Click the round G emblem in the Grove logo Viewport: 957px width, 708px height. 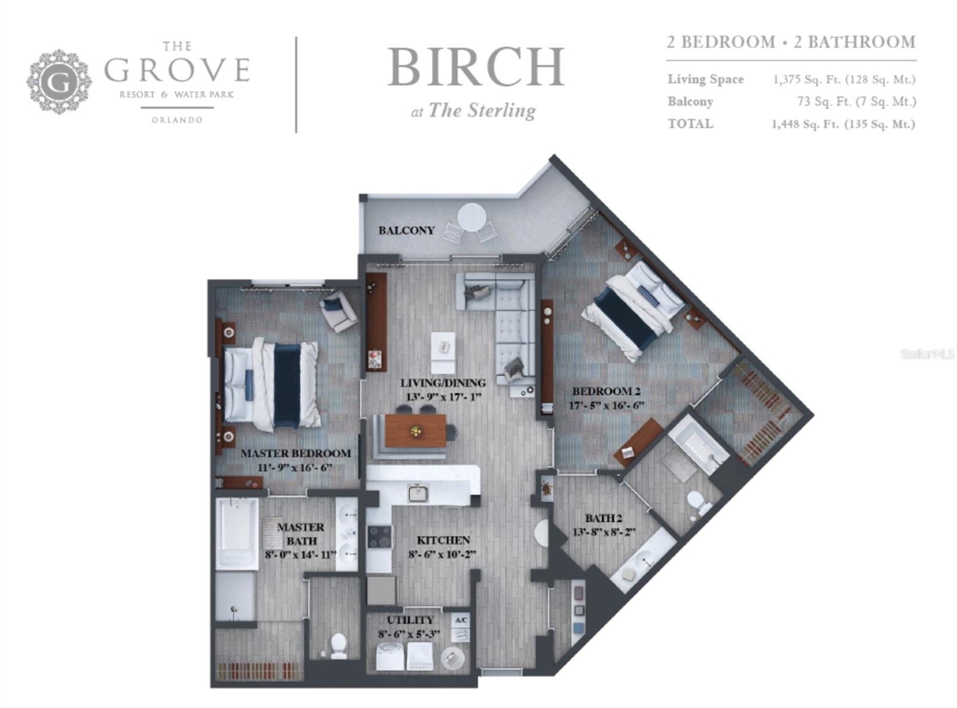[59, 82]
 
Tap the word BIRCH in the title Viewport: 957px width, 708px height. [476, 68]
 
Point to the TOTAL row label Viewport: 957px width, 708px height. [690, 124]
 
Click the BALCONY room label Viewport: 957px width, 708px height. [406, 230]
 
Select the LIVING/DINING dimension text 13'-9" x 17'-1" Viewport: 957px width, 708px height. [443, 397]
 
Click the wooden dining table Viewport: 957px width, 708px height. [415, 431]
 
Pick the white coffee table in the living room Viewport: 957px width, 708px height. [443, 353]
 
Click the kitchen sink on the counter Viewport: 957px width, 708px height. [418, 493]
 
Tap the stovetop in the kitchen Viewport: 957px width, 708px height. [380, 537]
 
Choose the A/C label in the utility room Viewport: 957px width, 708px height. [461, 621]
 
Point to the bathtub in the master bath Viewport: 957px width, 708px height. [237, 534]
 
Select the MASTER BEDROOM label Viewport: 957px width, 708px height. [295, 453]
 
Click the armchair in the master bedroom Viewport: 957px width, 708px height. [339, 311]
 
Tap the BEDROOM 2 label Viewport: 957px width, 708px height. [606, 391]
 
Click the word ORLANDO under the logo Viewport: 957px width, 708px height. [177, 120]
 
